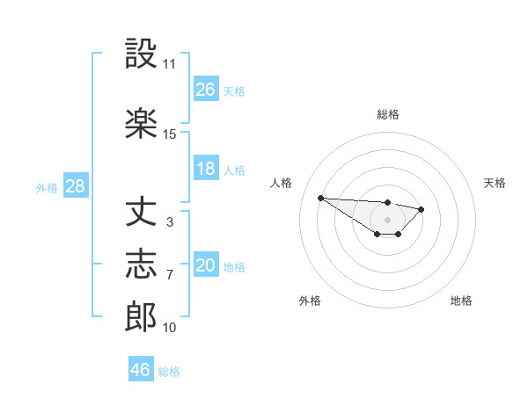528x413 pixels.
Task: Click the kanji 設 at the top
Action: point(142,54)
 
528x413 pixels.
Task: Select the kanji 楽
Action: point(142,124)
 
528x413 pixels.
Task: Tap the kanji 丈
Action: point(142,214)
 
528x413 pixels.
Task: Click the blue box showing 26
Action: point(206,89)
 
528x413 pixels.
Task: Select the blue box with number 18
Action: point(206,169)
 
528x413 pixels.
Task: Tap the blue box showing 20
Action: point(206,265)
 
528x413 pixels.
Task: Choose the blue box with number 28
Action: point(75,186)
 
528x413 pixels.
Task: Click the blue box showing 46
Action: point(141,370)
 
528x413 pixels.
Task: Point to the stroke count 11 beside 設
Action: point(170,64)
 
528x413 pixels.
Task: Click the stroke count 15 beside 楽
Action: point(170,134)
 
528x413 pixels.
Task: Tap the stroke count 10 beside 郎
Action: point(170,328)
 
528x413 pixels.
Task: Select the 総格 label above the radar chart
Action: point(388,114)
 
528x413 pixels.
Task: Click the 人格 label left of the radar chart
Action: point(282,183)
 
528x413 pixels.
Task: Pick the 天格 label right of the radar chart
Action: point(495,183)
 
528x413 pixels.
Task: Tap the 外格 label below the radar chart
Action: point(310,301)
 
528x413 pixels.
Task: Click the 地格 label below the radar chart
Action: point(461,301)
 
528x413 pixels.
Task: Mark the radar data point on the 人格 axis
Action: point(320,198)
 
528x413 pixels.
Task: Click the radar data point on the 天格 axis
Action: point(422,209)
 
